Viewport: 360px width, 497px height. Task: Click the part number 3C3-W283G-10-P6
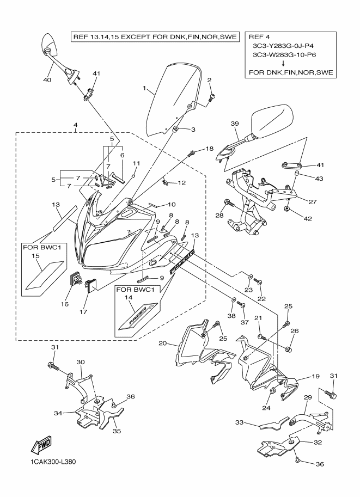coord(287,55)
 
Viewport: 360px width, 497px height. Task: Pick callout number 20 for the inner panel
coord(163,343)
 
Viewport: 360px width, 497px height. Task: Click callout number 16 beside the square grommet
coord(65,303)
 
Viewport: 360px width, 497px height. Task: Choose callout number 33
coord(240,422)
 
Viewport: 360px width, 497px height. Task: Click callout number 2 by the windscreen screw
coord(209,81)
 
